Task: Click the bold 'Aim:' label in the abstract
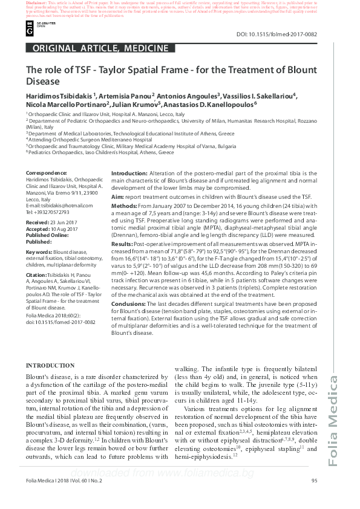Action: click(x=118, y=198)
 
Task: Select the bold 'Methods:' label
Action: click(x=125, y=206)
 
